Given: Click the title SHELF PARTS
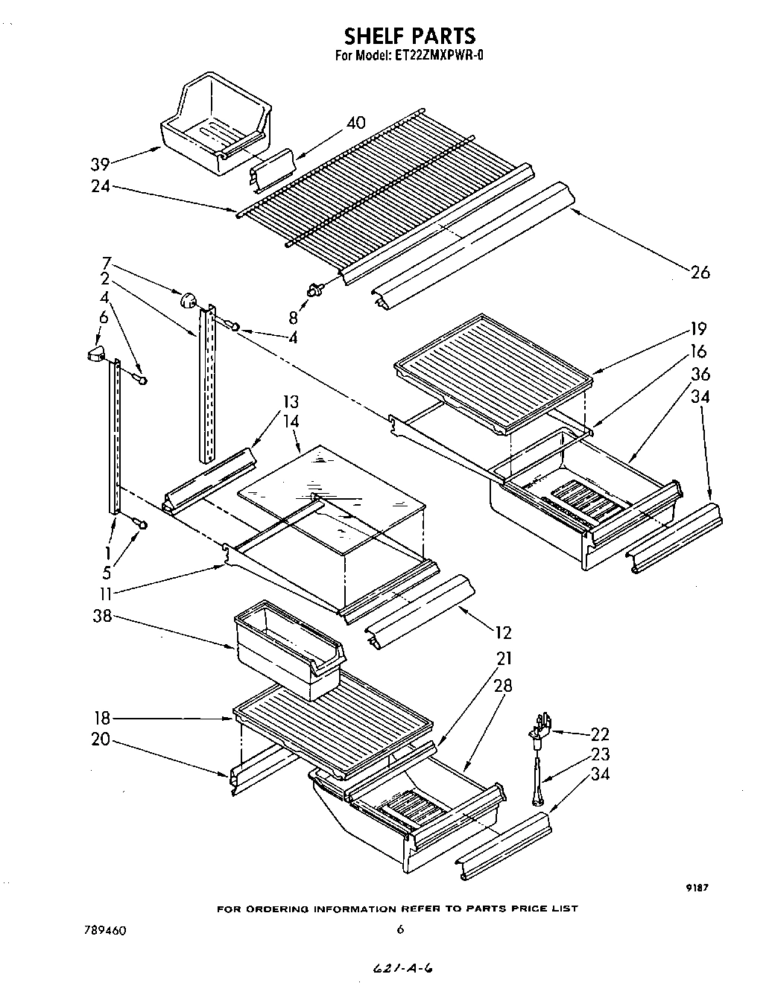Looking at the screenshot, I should point(409,35).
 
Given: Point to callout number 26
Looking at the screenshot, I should point(700,272).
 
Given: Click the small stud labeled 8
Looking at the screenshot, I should point(315,290).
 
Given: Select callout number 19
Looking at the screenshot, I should point(697,328).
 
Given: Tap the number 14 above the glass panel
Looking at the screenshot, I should point(291,421).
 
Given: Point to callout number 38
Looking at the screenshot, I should point(101,617).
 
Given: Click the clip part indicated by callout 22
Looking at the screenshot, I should point(542,726).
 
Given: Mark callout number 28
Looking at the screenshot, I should point(503,685).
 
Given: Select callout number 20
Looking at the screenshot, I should point(101,739).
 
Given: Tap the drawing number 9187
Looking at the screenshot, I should point(696,887).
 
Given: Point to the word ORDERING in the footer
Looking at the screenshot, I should point(286,909).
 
